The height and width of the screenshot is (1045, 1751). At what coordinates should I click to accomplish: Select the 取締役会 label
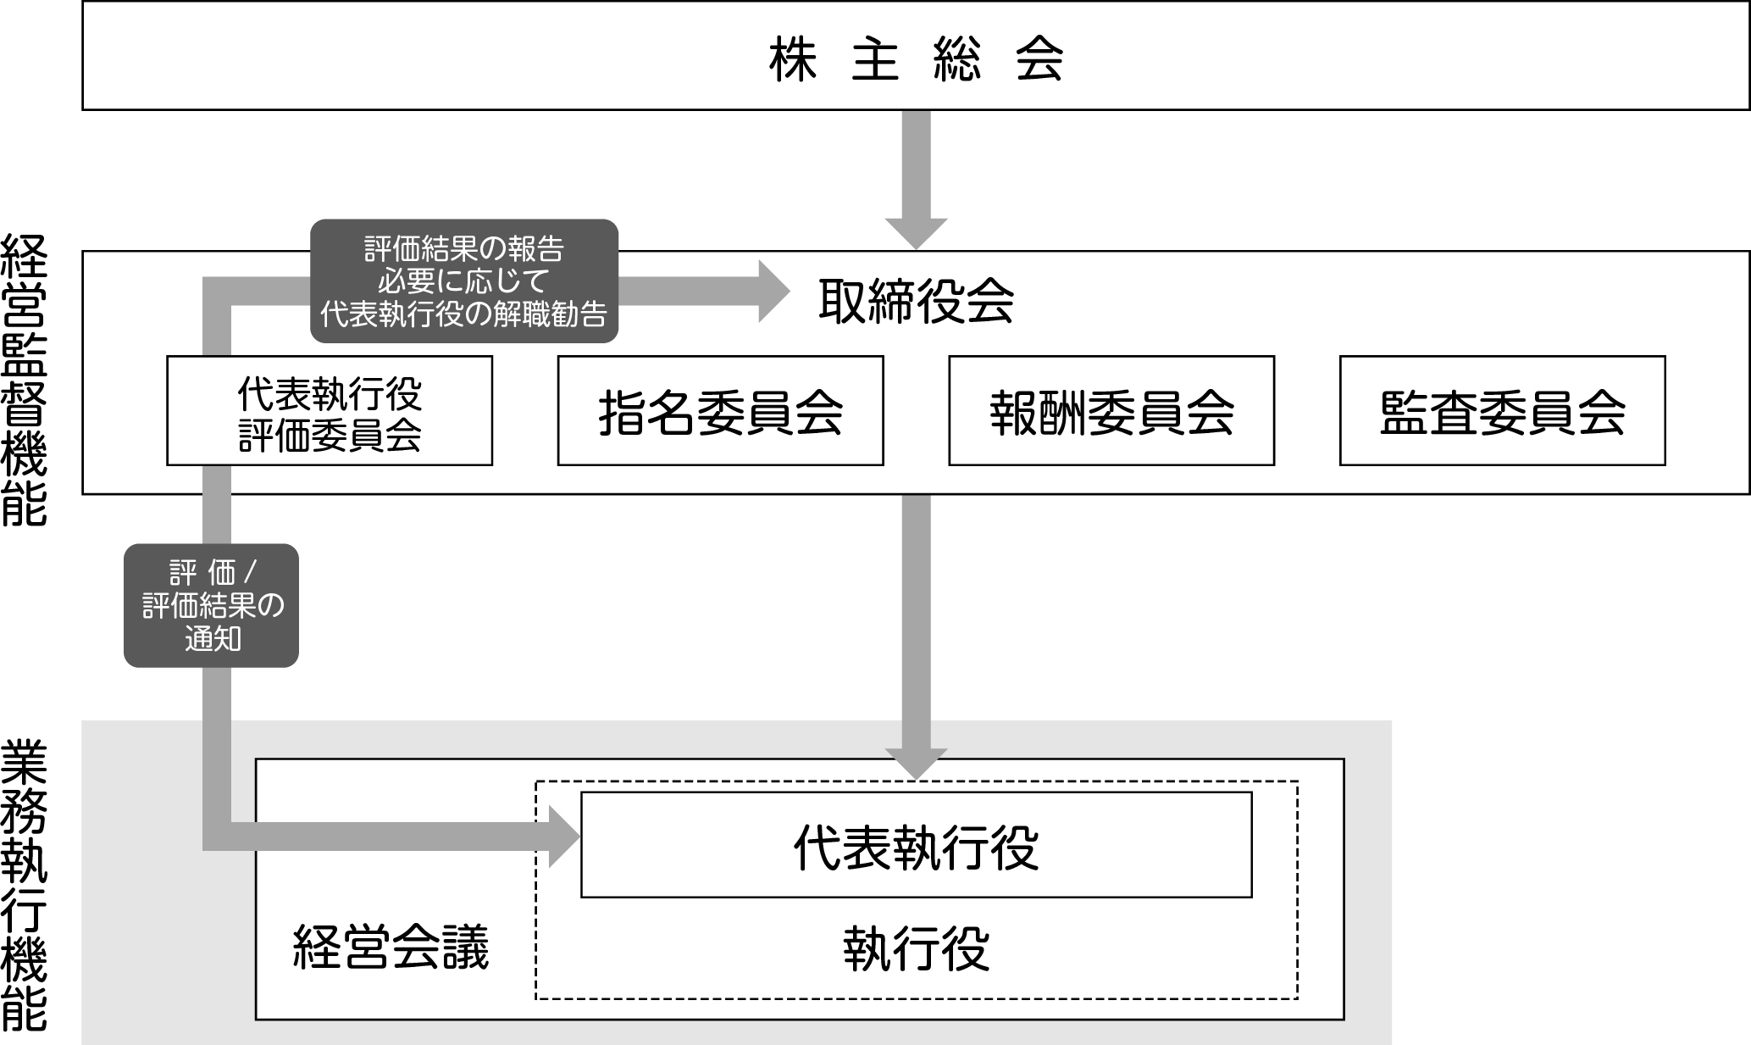[x=916, y=301]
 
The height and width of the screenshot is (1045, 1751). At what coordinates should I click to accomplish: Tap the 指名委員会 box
[x=720, y=411]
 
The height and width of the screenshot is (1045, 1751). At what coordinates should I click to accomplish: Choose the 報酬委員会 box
[x=1111, y=411]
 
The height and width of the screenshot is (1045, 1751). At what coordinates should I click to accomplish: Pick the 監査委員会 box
[x=1502, y=411]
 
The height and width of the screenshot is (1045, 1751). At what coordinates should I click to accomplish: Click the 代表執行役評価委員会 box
[x=330, y=411]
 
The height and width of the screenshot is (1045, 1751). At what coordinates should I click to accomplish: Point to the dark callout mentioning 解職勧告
[x=464, y=281]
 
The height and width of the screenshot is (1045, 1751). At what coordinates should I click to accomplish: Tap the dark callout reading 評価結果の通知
[x=212, y=605]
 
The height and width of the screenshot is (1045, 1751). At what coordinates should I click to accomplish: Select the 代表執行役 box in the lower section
[x=916, y=845]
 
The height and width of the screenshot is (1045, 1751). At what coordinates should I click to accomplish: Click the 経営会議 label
[x=391, y=947]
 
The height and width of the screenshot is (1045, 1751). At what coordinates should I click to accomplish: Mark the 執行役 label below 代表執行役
[x=916, y=949]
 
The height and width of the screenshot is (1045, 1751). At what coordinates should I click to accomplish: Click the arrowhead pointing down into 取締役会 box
[x=916, y=233]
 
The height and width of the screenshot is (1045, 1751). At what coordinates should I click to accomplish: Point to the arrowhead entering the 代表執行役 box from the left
[x=564, y=837]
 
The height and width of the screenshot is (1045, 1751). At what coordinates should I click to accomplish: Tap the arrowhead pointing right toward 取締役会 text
[x=773, y=292]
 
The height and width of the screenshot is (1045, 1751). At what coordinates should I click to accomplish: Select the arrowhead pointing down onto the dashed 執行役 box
[x=916, y=764]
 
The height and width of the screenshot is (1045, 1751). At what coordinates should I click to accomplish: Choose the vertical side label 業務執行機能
[x=24, y=885]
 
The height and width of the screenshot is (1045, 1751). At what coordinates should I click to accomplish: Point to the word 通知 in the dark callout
[x=213, y=638]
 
